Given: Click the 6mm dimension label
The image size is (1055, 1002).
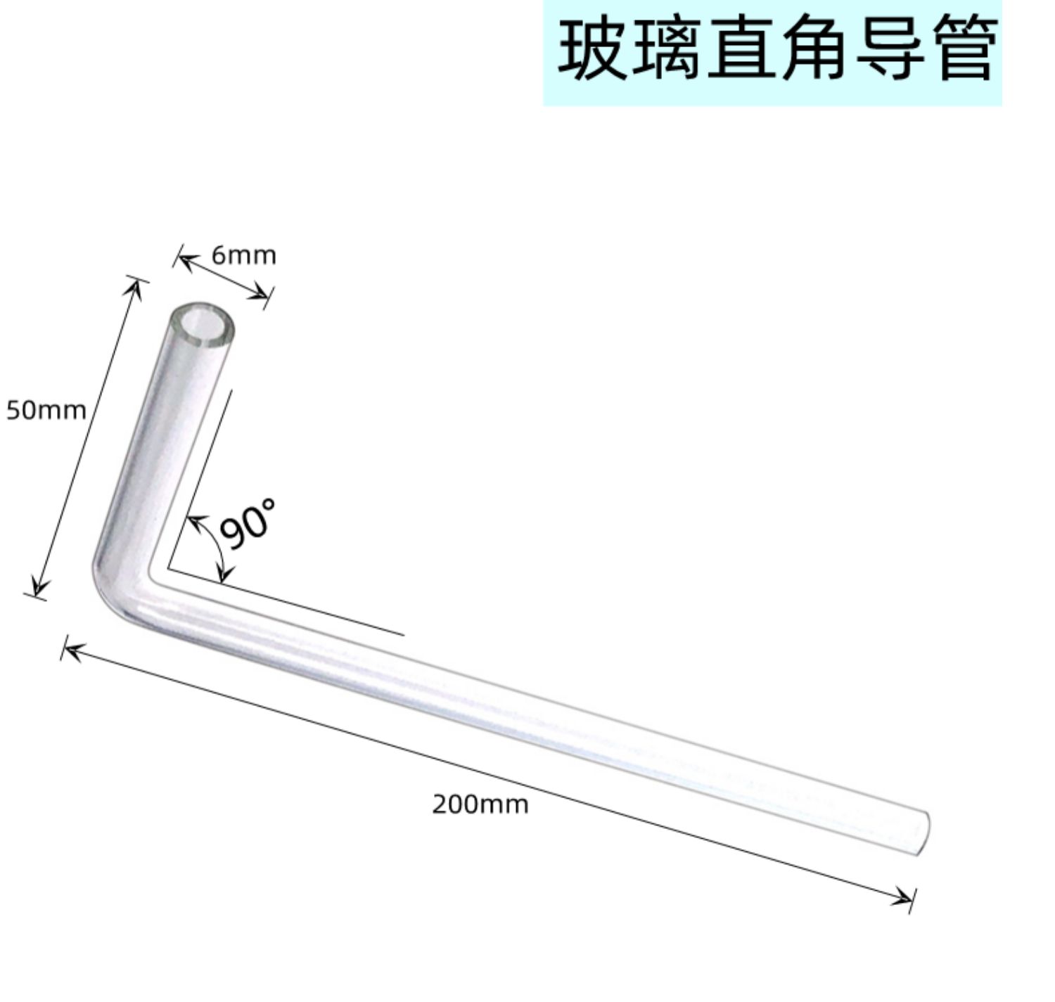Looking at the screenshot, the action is coord(243,255).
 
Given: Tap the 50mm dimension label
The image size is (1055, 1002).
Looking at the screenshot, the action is coord(46,411).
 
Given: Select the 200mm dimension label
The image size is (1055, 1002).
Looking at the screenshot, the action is coord(480,805).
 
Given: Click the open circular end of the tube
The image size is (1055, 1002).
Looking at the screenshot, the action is coord(203,326).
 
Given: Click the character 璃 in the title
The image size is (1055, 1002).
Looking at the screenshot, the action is coord(667,49).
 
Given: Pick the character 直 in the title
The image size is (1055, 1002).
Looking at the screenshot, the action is coord(741,49).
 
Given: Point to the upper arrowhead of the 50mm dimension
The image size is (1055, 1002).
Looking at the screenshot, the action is coord(135,288).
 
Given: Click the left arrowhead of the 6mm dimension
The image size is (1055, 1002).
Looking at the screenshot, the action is coord(185,262).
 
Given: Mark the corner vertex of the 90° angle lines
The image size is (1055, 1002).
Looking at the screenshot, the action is coord(168,568).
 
